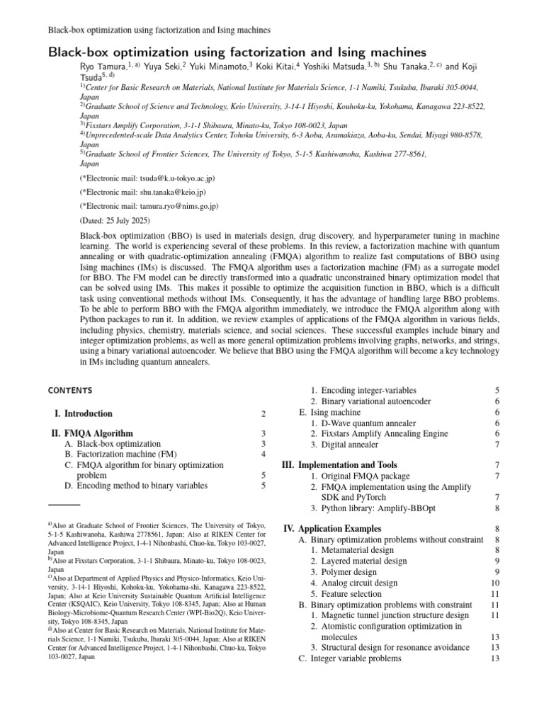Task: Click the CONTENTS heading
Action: click(70, 390)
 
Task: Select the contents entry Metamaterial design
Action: click(357, 550)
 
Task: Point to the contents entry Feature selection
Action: click(351, 594)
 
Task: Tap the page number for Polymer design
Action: click(497, 572)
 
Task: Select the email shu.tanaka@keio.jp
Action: click(154, 192)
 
